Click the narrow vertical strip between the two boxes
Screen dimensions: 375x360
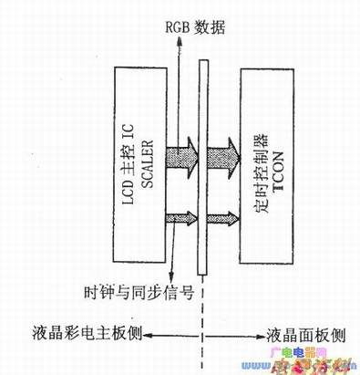pyautogui.click(x=202, y=164)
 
